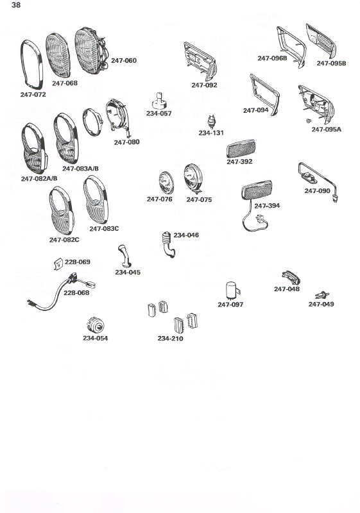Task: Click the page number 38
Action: click(16, 5)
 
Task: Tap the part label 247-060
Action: click(124, 60)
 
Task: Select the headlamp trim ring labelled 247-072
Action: click(31, 65)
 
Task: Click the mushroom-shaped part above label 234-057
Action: click(160, 101)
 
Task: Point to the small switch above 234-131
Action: click(212, 121)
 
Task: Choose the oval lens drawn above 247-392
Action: click(241, 149)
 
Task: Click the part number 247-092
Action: click(204, 85)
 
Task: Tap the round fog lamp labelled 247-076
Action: click(166, 183)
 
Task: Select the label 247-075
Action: click(199, 199)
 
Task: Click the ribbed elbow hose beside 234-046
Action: click(168, 244)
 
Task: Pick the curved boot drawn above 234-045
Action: click(124, 256)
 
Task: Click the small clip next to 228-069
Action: click(58, 264)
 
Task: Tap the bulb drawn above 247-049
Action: click(322, 295)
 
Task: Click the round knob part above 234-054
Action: click(95, 325)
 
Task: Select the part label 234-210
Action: click(170, 339)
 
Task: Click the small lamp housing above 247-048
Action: click(291, 278)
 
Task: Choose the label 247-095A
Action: click(326, 130)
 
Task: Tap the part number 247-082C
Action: click(64, 240)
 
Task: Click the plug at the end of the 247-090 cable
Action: click(335, 198)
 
